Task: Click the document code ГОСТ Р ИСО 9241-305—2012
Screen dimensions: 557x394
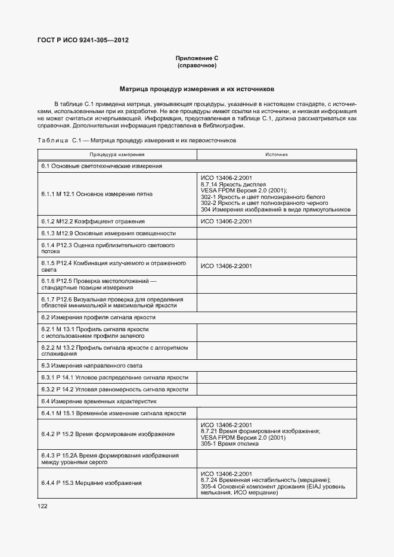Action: point(83,41)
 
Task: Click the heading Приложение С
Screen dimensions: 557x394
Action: point(197,58)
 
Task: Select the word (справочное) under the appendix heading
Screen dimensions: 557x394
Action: point(197,65)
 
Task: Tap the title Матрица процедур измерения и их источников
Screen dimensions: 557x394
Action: point(197,89)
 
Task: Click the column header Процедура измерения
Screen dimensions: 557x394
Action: point(117,154)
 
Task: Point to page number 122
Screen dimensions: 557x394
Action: point(42,506)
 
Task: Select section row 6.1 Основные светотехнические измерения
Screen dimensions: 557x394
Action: point(102,166)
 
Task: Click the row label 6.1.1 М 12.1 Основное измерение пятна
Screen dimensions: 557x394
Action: point(97,194)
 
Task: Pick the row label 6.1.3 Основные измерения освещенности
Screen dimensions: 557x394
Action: point(108,233)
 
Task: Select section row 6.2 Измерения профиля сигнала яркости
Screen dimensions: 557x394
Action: point(103,318)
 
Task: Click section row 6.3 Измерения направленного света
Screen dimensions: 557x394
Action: point(92,365)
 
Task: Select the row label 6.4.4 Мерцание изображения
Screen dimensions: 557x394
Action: point(91,483)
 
